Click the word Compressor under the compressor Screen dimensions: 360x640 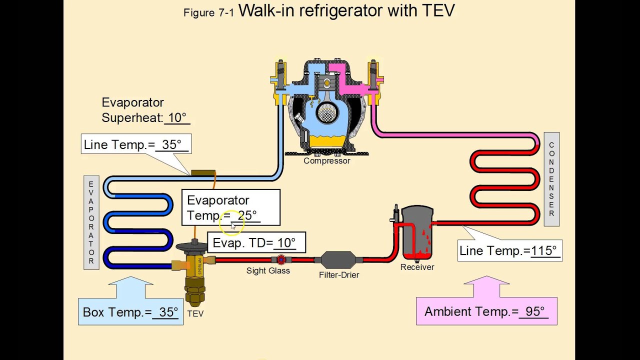pos(326,161)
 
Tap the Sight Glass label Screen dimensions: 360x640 pos(268,271)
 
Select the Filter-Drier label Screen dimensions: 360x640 pos(339,275)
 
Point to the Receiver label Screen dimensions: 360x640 pos(417,267)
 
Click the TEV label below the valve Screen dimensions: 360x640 pos(195,314)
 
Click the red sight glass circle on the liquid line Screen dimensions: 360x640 pos(281,259)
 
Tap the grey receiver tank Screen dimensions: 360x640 pos(417,232)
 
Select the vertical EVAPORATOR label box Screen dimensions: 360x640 pos(91,222)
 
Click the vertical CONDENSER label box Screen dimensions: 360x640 pos(551,179)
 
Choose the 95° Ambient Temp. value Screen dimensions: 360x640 pos(534,311)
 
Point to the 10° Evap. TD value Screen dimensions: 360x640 pos(286,243)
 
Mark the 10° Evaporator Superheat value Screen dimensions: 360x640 pos(177,118)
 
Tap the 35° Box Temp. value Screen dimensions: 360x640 pos(168,312)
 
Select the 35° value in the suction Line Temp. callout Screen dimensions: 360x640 pos(171,145)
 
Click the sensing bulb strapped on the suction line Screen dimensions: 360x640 pos(203,173)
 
